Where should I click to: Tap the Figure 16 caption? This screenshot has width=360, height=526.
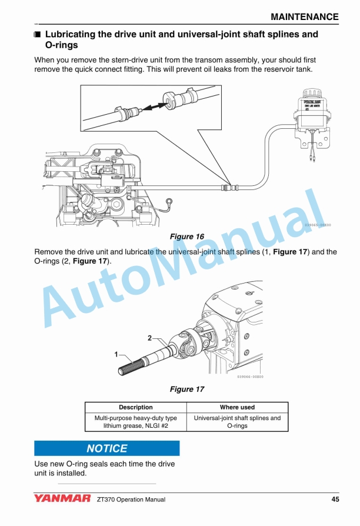tap(186, 237)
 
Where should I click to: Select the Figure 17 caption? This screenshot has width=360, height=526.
tap(186, 389)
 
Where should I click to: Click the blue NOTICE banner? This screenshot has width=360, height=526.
tap(106, 448)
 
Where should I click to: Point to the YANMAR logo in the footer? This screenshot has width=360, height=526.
tap(62, 499)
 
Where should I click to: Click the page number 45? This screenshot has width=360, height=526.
tap(335, 500)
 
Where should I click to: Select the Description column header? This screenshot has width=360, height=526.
tap(135, 407)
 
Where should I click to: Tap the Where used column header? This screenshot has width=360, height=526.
tap(237, 407)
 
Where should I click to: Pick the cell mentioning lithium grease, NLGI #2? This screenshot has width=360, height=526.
tap(135, 422)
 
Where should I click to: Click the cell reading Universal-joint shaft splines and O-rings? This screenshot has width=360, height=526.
tap(237, 422)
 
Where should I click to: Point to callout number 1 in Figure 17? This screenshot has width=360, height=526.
tap(116, 354)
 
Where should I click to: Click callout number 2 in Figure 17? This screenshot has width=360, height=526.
tap(149, 338)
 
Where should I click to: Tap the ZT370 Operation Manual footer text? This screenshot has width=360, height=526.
tap(131, 500)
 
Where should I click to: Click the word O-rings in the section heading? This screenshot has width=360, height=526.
tap(61, 45)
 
